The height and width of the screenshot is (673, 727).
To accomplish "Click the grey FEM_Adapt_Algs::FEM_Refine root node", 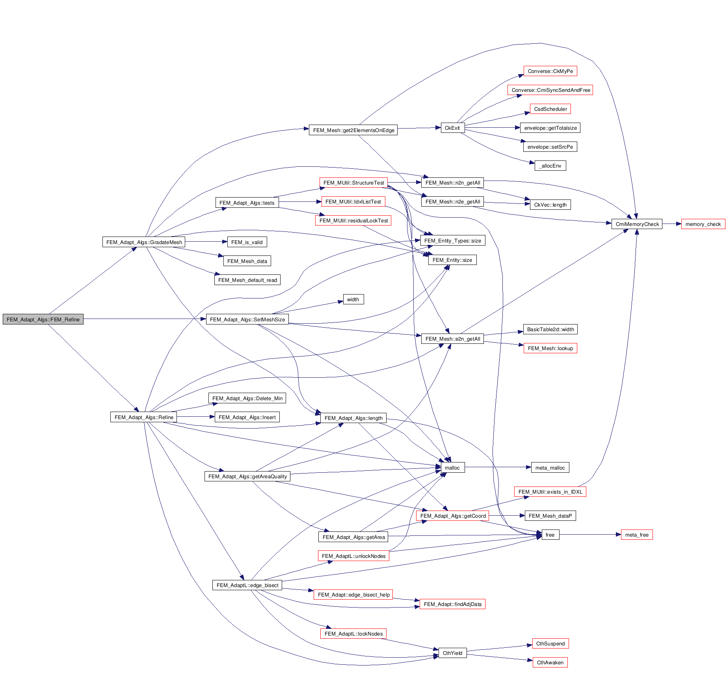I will coord(43,319).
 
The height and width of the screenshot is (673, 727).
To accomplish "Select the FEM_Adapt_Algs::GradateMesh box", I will coord(144,242).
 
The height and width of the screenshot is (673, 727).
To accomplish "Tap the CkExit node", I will coord(452,128).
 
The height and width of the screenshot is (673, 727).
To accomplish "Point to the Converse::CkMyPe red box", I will coord(550,71).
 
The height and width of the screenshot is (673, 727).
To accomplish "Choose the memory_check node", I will coord(703,224).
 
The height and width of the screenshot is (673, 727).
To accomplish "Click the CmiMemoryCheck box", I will coord(637,224).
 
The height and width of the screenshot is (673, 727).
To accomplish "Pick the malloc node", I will coord(452,468).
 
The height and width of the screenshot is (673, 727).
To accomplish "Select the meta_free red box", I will coord(636,535).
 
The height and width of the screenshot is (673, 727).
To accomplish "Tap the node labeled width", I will coord(353,299).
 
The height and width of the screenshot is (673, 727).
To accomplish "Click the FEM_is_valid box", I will coord(247,242).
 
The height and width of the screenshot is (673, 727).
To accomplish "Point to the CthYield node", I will coord(452,653).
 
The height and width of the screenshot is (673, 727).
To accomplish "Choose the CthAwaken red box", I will coord(550,662).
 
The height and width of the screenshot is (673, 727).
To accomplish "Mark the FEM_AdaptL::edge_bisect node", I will coord(247,585).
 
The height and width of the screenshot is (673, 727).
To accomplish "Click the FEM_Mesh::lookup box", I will coord(550,348).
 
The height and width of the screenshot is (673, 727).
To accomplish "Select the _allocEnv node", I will coord(550,166).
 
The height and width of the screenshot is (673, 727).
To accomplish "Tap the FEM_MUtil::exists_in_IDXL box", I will coord(550,492).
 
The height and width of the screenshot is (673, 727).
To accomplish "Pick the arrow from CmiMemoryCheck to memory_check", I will coord(671,224).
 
